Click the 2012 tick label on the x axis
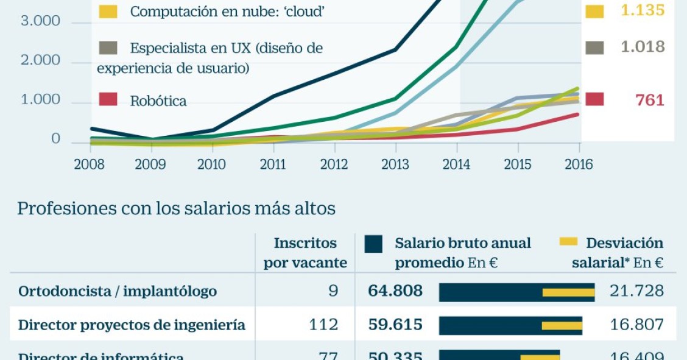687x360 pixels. tap(334, 165)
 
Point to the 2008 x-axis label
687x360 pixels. tap(89, 165)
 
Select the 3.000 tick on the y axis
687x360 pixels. tap(41, 21)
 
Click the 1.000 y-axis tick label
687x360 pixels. tap(41, 101)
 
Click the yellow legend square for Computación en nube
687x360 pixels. tap(108, 11)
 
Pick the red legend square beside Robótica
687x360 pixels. tap(108, 100)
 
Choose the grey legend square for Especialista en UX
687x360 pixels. tap(108, 48)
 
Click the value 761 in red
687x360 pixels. tap(649, 101)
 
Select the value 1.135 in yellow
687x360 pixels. tap(643, 11)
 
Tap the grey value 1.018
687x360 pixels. tap(643, 48)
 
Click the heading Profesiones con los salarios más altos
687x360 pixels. tap(177, 209)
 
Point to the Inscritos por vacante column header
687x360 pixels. tap(305, 253)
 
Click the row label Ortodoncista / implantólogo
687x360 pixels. tap(118, 291)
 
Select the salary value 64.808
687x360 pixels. tap(395, 291)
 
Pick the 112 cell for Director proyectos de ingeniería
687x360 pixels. tap(323, 325)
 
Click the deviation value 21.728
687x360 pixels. tap(636, 291)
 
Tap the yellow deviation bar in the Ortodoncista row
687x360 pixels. tap(568, 292)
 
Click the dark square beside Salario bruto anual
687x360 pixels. tap(373, 244)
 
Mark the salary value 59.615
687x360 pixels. tap(395, 325)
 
